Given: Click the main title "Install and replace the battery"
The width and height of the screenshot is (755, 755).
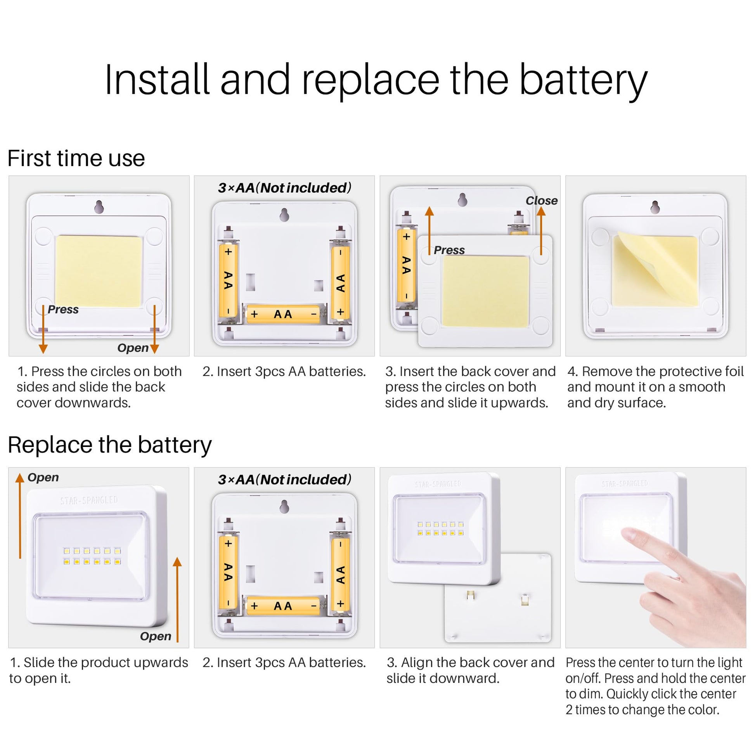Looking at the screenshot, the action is [x=376, y=80].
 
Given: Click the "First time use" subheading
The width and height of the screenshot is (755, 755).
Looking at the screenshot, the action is [x=76, y=158].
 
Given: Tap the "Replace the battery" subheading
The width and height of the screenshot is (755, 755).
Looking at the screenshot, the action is [x=110, y=445].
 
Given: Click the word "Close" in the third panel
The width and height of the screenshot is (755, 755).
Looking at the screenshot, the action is [x=541, y=201].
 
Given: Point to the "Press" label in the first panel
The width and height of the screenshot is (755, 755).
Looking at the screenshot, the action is [x=63, y=310].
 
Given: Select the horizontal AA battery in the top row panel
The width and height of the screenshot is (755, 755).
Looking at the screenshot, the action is [x=284, y=314].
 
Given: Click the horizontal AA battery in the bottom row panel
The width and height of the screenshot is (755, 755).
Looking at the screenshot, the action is [x=284, y=606].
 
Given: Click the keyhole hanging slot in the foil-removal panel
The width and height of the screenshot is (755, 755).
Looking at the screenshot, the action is [x=655, y=207].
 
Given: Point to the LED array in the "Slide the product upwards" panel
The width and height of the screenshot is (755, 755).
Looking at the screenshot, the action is [x=92, y=556].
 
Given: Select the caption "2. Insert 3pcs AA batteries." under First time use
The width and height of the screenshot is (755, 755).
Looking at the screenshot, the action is [x=284, y=371].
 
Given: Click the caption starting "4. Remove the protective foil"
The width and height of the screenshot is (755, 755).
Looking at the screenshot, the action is [x=655, y=387].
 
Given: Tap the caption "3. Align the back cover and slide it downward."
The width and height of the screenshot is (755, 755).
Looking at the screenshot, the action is [x=471, y=670].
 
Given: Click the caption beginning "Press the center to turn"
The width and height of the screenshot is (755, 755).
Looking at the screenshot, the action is [x=655, y=686].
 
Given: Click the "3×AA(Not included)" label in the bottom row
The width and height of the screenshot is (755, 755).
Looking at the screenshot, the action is [x=284, y=480].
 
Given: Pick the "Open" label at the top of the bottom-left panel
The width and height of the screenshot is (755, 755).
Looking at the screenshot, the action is [x=43, y=477].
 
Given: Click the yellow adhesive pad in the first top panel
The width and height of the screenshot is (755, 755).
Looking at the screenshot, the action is [x=99, y=271].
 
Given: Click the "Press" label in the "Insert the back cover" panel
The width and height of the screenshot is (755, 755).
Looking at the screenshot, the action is [x=449, y=250].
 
